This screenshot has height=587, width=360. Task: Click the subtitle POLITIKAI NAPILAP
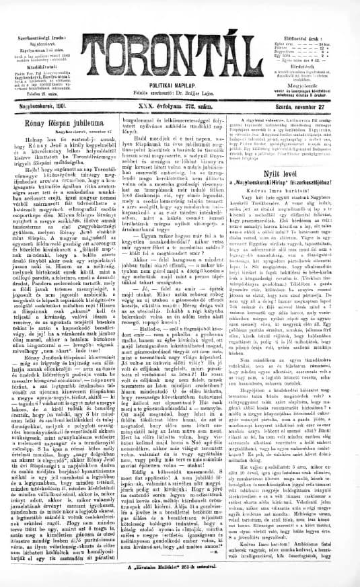pos(180,79)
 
